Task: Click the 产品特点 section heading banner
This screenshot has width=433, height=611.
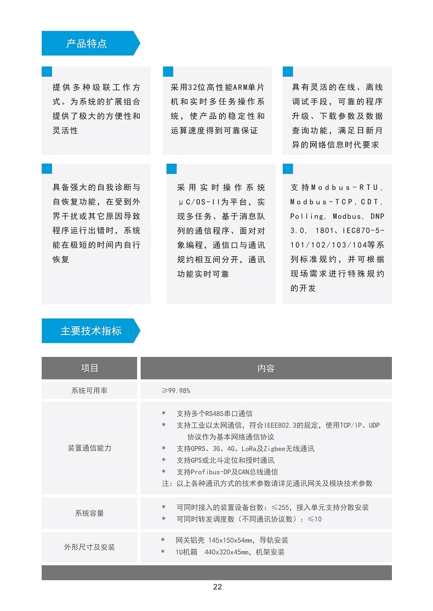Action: click(x=87, y=44)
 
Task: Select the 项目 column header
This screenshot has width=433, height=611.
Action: click(x=90, y=368)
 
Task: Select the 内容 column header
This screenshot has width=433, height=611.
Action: click(x=266, y=368)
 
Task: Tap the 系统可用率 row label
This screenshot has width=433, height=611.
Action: click(x=89, y=391)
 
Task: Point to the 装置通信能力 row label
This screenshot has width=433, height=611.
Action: click(x=89, y=448)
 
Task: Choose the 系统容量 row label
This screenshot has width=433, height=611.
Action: click(x=89, y=514)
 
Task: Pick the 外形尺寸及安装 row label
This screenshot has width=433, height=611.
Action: click(x=89, y=547)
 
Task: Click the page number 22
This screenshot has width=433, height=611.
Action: click(x=218, y=587)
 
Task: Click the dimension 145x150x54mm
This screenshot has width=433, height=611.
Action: click(x=231, y=541)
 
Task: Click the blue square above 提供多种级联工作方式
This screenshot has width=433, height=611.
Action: click(x=47, y=72)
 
